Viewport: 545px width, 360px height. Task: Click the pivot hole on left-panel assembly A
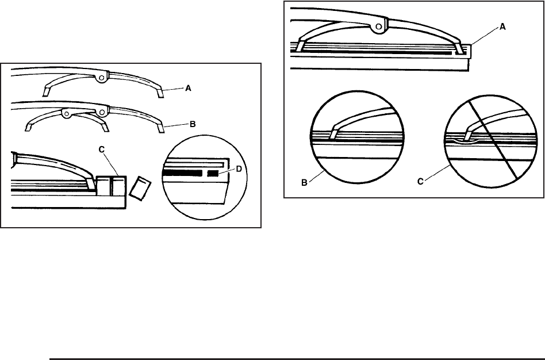[101, 76]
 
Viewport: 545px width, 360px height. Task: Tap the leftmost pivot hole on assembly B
[67, 114]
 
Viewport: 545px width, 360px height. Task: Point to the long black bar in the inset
[182, 173]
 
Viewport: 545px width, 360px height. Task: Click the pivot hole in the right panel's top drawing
[378, 25]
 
